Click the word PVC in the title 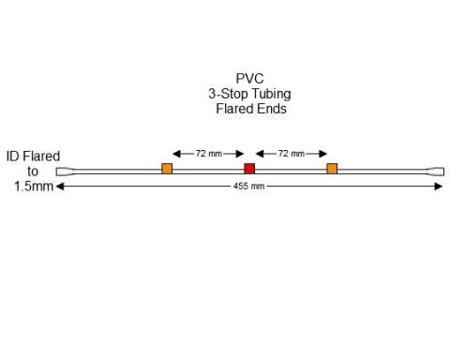click(x=248, y=79)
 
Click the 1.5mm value click(x=33, y=187)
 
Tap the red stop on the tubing click(x=249, y=169)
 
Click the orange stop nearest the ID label click(x=167, y=169)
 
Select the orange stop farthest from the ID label click(x=332, y=169)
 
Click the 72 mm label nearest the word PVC click(x=207, y=153)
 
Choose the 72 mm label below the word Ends click(x=291, y=153)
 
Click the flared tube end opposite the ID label click(x=434, y=172)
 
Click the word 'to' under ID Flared click(x=33, y=172)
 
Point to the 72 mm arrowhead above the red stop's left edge click(x=241, y=153)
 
